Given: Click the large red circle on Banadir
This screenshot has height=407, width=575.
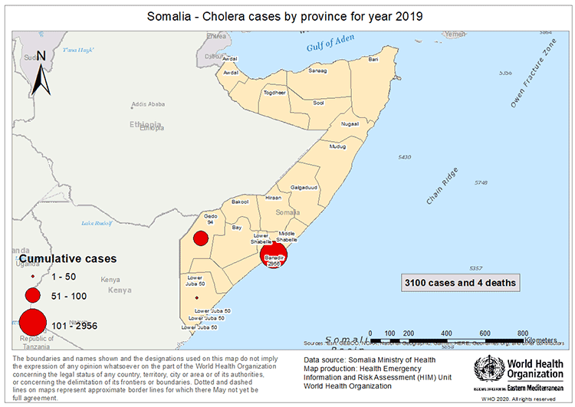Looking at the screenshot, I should (x=274, y=256).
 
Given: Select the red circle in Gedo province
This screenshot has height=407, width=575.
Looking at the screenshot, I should (x=201, y=238).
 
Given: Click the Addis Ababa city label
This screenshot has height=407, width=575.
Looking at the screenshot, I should (x=149, y=104).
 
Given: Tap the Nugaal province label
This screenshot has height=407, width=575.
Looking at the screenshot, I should (x=350, y=123).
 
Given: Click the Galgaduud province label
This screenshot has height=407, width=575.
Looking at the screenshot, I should (x=304, y=187).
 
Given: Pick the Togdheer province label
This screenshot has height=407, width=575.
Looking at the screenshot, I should (x=274, y=92).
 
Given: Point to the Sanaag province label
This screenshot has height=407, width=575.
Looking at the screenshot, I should (x=317, y=70).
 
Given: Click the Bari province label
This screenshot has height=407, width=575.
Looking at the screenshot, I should (x=373, y=59).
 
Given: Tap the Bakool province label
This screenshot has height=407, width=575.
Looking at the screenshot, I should (x=240, y=202).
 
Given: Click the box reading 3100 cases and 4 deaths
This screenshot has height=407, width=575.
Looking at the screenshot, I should (x=461, y=282).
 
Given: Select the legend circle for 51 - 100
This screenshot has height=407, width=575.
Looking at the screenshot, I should (x=32, y=295).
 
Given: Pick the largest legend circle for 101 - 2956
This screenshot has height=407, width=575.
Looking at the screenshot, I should (x=32, y=324).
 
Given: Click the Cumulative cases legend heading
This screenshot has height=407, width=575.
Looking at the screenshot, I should (x=67, y=259).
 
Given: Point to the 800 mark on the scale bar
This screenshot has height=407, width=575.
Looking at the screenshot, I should (x=523, y=333).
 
